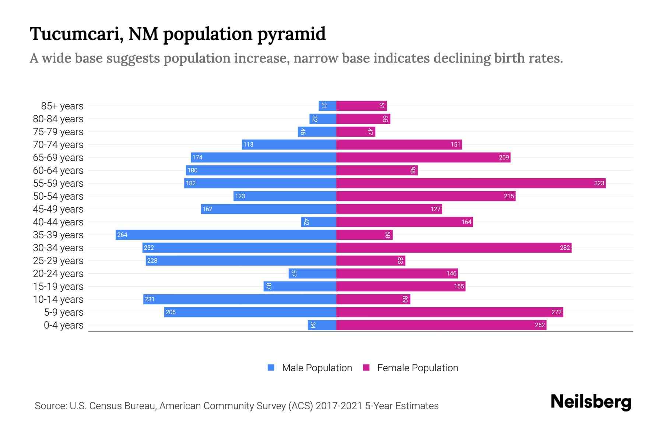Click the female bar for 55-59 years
[x=471, y=183]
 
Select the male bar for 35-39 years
[x=226, y=235]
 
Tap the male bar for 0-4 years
[x=322, y=325]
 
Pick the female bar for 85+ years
[x=361, y=106]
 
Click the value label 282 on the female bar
[x=565, y=248]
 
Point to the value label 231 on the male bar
[x=150, y=299]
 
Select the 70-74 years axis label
[x=58, y=144]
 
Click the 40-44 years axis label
[x=58, y=222]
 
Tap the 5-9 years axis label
[x=63, y=312]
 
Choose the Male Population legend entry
[x=317, y=368]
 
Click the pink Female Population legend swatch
[x=366, y=368]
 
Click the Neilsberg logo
[x=591, y=401]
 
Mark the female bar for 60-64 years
[x=377, y=170]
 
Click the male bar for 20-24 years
[x=312, y=273]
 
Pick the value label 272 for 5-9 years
[x=556, y=312]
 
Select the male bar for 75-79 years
[x=317, y=131]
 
